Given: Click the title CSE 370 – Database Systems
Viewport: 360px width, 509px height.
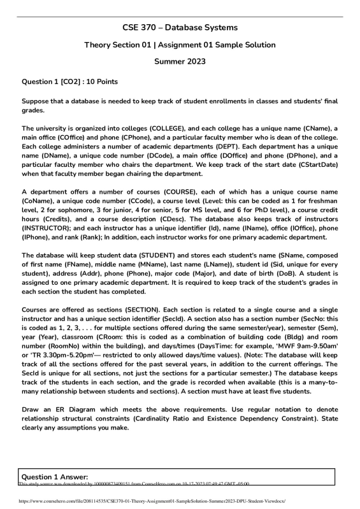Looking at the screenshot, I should coord(180,27).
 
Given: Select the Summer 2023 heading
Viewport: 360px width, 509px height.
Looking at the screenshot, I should coord(180,62).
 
